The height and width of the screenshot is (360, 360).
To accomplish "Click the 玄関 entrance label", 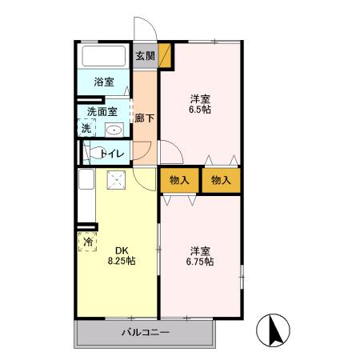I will click(x=145, y=56).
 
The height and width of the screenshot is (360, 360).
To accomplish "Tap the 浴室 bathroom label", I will click(x=104, y=82).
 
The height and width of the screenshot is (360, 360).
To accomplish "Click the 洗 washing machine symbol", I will click(x=85, y=128).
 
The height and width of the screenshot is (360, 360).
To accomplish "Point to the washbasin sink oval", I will click(x=114, y=130).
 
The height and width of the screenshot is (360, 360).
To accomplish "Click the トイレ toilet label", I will click(x=110, y=153).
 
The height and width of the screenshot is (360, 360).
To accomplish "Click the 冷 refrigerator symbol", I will click(x=86, y=240).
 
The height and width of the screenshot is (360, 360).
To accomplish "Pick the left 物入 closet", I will click(x=179, y=180).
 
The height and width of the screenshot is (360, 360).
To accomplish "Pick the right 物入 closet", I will click(x=221, y=180).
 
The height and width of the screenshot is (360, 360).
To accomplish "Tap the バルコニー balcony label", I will click(x=145, y=332).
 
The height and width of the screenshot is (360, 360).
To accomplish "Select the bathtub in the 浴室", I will click(x=104, y=58).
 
